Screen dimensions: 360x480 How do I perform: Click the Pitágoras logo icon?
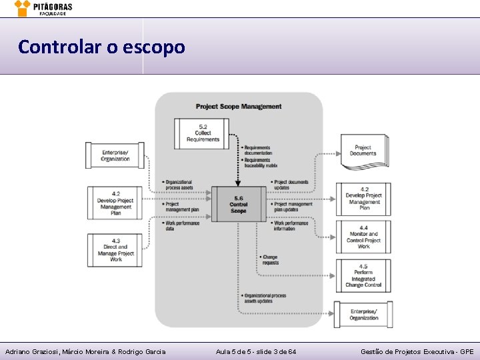click(23, 7)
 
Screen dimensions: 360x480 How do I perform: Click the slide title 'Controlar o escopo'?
click(101, 47)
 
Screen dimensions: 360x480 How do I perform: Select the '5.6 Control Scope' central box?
click(238, 204)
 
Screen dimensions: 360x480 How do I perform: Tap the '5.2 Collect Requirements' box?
click(203, 133)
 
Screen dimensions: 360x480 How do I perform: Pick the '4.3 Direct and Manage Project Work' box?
click(115, 250)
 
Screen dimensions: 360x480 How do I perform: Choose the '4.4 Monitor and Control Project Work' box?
click(363, 237)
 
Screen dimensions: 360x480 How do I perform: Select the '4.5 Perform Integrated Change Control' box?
click(363, 276)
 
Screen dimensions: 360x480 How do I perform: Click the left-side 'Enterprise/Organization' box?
click(115, 155)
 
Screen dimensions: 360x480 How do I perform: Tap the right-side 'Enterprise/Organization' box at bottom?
click(363, 314)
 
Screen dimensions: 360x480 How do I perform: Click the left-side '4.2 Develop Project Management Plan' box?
click(115, 203)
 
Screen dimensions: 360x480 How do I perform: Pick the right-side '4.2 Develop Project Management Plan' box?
click(363, 199)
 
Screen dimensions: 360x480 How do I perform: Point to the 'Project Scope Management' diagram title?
click(239, 107)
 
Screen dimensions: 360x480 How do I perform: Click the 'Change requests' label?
click(270, 260)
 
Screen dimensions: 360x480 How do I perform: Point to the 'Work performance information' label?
click(292, 225)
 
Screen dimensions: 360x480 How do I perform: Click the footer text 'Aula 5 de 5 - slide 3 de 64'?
click(257, 351)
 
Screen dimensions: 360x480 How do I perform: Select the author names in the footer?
click(85, 351)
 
